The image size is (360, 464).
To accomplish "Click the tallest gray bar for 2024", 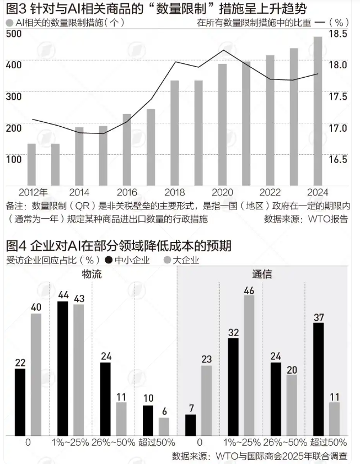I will (318, 110).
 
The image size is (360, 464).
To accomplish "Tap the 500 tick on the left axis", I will (13, 34).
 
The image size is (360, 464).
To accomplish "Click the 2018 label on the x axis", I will (175, 192).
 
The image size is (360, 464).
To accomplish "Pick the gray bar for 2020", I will (222, 124).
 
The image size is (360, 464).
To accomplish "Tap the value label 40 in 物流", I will (36, 307).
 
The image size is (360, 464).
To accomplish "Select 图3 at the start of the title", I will (15, 9).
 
